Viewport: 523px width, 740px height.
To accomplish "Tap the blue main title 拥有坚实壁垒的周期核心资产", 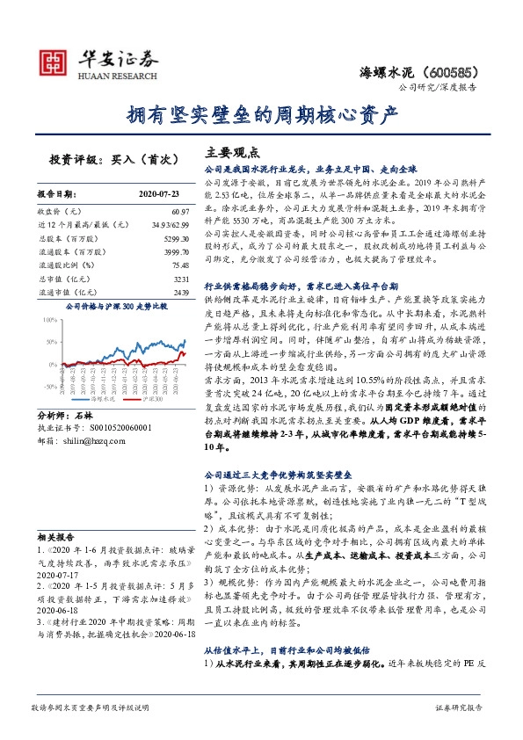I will pyautogui.click(x=262, y=114).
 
